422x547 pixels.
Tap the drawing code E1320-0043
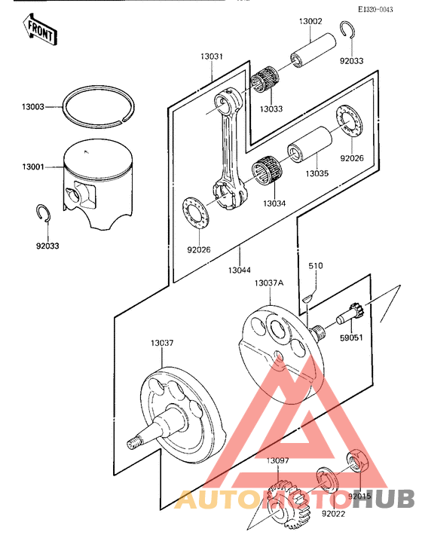385,8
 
